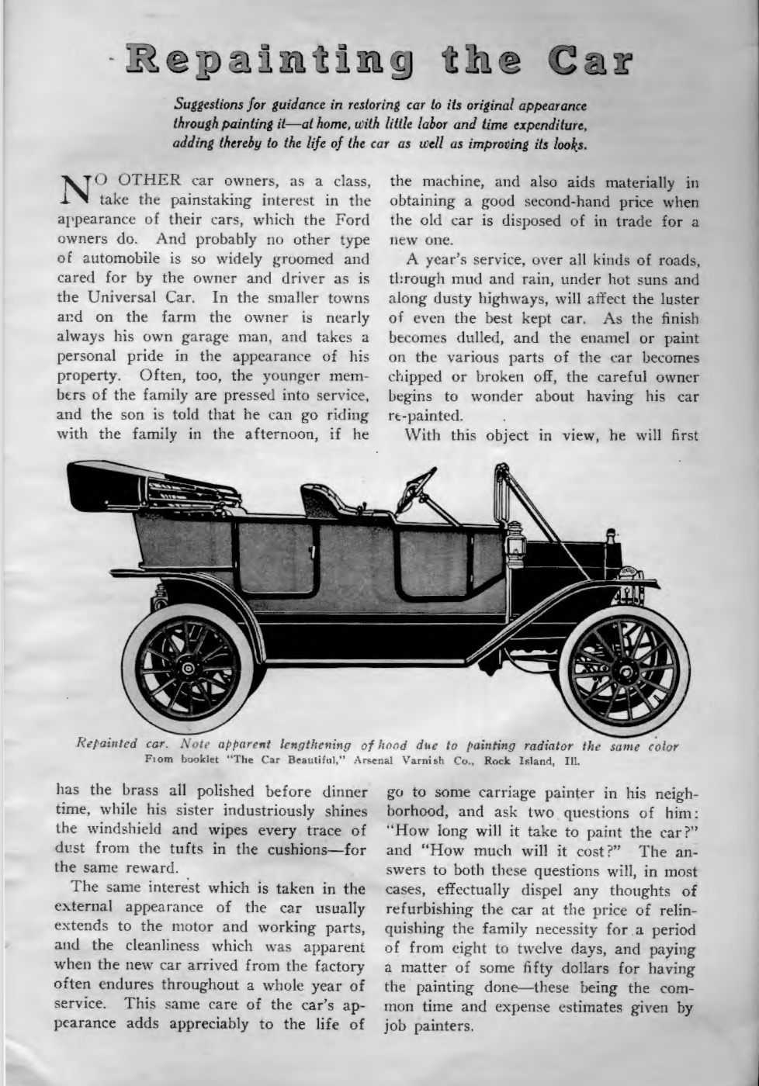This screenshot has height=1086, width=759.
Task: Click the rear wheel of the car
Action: click(188, 668)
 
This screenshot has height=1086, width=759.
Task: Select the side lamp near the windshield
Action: click(515, 547)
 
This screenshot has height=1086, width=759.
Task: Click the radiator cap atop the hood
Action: click(610, 535)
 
